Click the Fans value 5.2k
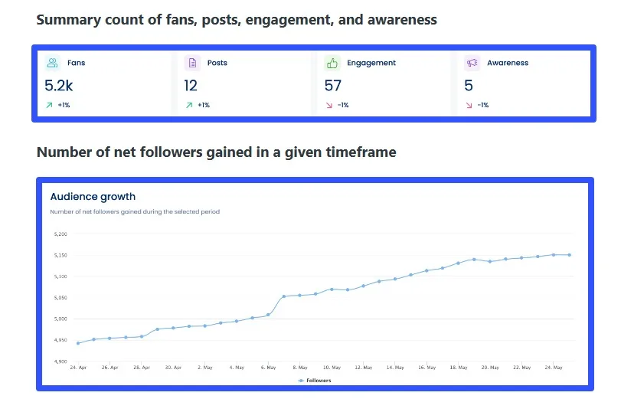coord(58,86)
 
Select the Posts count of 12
coord(191,86)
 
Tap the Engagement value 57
coord(333,86)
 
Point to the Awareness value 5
coord(469,86)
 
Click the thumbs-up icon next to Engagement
coord(332,63)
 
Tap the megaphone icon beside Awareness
coord(472,63)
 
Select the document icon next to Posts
coord(193,63)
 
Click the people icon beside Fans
coord(52,63)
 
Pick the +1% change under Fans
coord(64,105)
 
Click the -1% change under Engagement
coord(342,105)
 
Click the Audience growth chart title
coord(93,197)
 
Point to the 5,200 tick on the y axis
coord(60,234)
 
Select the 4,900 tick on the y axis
coord(60,361)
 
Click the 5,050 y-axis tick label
coord(60,297)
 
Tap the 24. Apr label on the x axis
coord(78,368)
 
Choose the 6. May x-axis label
coord(268,368)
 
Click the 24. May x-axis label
coord(553,368)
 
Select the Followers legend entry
coord(315,380)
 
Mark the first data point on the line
coord(78,343)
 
